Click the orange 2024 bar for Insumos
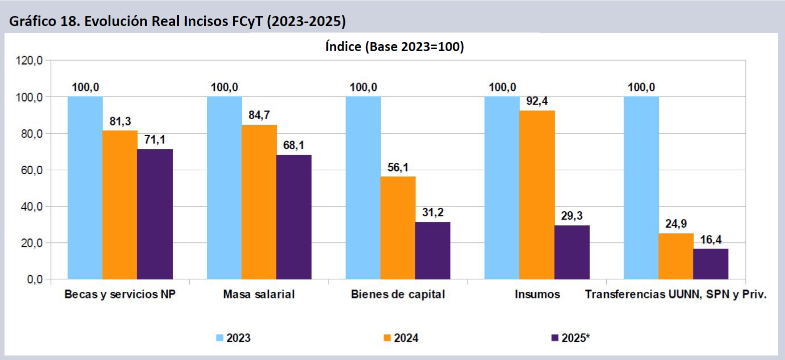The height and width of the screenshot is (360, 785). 537,195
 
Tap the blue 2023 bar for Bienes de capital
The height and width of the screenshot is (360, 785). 363,188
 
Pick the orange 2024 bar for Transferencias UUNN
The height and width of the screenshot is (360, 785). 676,256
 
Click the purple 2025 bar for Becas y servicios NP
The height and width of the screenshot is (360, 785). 155,214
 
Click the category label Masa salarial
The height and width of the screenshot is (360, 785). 259,294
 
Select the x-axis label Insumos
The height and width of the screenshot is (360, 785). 537,294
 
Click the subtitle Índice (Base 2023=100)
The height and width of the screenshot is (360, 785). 395,47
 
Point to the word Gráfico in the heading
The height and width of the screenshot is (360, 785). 31,22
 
